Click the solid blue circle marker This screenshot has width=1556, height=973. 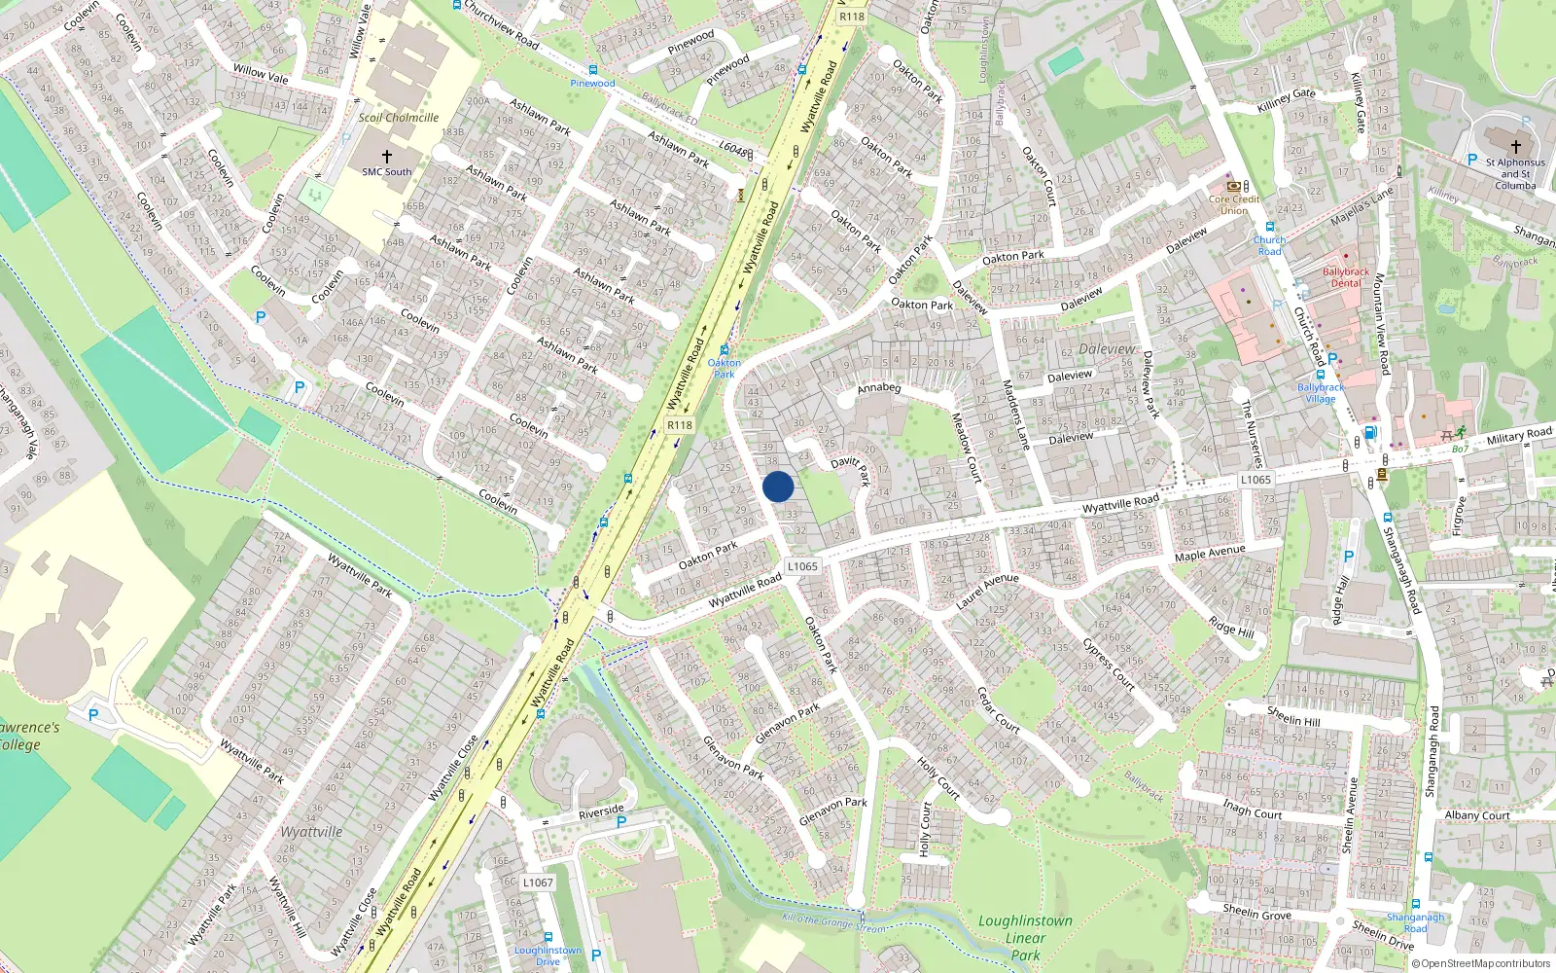click(x=778, y=486)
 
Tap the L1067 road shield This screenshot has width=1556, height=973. click(x=538, y=883)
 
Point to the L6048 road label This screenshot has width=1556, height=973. click(x=733, y=151)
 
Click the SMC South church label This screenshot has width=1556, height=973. click(x=387, y=172)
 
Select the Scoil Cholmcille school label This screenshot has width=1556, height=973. click(x=399, y=118)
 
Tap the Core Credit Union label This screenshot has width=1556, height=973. click(x=1234, y=204)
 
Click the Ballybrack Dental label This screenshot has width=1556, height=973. click(x=1346, y=277)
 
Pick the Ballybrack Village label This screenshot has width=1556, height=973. click(x=1320, y=393)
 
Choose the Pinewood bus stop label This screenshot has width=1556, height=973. click(x=592, y=84)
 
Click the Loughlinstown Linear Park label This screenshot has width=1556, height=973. click(x=1025, y=937)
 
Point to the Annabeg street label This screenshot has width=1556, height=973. click(x=879, y=388)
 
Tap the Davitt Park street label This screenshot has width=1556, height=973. click(x=851, y=469)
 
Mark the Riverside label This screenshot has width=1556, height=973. click(x=601, y=811)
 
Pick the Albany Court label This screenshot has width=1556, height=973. click(x=1477, y=815)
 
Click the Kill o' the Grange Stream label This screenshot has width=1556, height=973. click(x=833, y=922)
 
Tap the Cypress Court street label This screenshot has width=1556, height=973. click(x=1109, y=665)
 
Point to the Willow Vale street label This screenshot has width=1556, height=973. click(x=261, y=73)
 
